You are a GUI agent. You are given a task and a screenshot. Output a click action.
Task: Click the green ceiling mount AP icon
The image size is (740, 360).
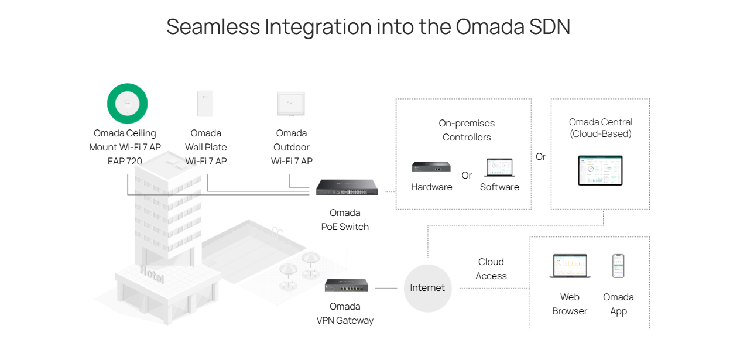pos(127,104)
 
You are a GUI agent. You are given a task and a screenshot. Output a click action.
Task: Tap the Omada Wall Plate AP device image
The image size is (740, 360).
pos(205,104)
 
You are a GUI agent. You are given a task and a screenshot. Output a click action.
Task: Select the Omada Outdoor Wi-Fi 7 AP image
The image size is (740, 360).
pos(291,104)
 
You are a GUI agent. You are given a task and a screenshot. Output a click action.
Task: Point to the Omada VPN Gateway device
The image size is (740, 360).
pos(346,285)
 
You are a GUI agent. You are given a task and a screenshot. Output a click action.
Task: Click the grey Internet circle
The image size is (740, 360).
pos(427,288)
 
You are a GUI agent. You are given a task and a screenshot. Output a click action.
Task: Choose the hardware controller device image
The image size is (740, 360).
pos(431,167)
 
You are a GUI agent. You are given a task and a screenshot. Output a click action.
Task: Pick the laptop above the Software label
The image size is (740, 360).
pos(499,168)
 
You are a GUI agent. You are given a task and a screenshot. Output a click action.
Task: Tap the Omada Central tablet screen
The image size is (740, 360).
pos(600,170)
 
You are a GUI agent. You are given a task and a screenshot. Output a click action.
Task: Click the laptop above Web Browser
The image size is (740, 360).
pos(570,266)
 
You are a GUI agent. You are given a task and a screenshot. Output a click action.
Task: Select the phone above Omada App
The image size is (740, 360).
pos(618,266)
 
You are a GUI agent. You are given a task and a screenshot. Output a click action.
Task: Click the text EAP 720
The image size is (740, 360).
pos(125,161)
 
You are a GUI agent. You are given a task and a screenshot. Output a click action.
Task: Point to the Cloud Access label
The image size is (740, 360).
pos(491,269)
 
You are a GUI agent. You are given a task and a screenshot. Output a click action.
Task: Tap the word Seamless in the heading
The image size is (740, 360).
pos(213,27)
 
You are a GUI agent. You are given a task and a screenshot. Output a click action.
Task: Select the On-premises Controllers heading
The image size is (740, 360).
pos(467,130)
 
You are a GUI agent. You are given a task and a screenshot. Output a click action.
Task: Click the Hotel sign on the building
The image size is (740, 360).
pos(152,274)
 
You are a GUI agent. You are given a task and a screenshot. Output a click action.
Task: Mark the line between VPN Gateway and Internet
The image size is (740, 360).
pos(386,288)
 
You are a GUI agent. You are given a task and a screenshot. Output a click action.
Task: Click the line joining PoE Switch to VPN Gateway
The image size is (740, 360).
pos(347,259)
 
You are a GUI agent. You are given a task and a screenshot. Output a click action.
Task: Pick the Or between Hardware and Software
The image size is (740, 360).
pos(467,176)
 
